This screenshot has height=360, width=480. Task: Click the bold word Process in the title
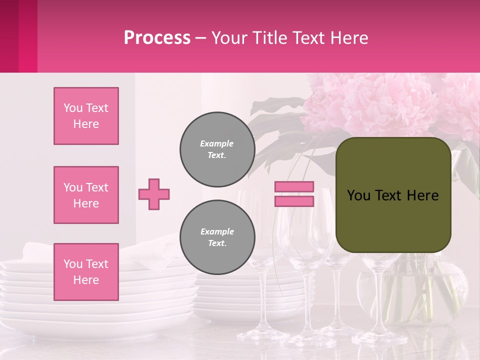(157, 38)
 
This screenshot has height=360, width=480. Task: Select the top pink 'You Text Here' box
(86, 116)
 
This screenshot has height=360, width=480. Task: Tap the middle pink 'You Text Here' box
(86, 195)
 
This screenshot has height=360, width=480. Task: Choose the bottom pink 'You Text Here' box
(86, 272)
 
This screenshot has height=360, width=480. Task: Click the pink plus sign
(154, 194)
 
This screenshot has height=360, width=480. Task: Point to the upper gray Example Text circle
(217, 149)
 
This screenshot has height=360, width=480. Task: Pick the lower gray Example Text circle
(217, 237)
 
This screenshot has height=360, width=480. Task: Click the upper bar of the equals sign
(294, 187)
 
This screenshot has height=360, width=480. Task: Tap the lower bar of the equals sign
(294, 201)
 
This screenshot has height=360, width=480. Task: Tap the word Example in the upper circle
(217, 144)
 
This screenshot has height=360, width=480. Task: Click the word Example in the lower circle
(217, 232)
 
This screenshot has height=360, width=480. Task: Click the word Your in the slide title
(228, 38)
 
